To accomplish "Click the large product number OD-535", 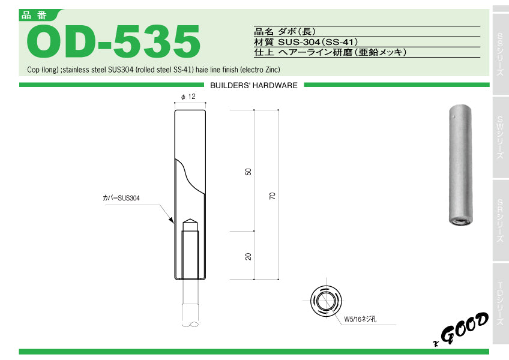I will [x=114, y=41].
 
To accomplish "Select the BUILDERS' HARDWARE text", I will [x=254, y=85].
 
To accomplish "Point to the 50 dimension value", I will [x=248, y=172].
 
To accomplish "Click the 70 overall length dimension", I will [x=273, y=196].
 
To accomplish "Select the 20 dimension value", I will [x=248, y=256].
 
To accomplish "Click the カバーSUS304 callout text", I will [x=121, y=198].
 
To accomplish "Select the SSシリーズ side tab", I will [x=501, y=54].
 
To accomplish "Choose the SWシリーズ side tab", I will [x=501, y=137].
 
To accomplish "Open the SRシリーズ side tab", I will [x=501, y=220].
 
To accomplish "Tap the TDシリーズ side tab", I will [x=501, y=303].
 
